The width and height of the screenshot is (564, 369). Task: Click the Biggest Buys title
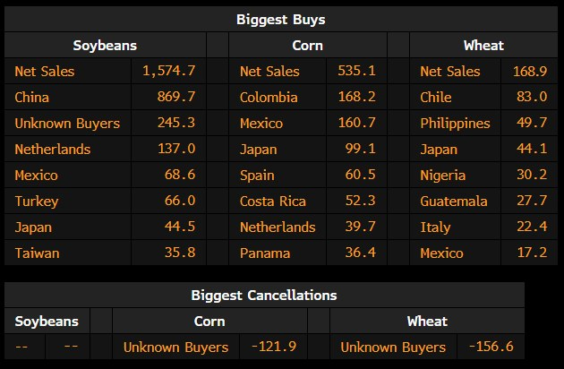tap(281, 19)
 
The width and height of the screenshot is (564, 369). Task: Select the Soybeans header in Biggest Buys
tap(105, 45)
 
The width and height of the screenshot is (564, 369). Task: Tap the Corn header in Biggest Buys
tap(307, 45)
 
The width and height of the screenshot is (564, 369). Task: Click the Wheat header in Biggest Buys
tap(483, 45)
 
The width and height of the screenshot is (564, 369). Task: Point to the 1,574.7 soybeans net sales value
tap(168, 71)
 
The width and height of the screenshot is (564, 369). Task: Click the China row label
tap(32, 97)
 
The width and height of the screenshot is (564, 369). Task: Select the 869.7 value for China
tap(176, 97)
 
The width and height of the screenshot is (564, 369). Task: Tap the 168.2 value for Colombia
tap(357, 97)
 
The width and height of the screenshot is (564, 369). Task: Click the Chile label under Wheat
tap(436, 97)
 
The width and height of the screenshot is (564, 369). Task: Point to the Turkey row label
tap(36, 202)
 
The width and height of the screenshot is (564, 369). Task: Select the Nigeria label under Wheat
tap(443, 176)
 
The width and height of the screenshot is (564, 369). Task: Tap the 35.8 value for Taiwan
tap(180, 253)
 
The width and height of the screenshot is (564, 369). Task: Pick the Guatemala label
tap(454, 202)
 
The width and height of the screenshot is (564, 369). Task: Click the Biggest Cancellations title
tap(263, 294)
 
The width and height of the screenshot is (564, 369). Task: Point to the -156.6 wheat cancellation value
tap(491, 347)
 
